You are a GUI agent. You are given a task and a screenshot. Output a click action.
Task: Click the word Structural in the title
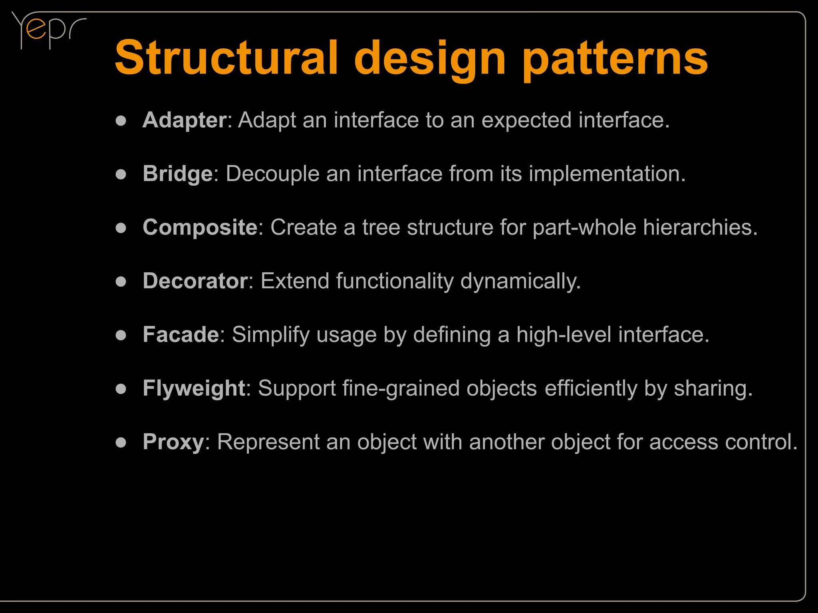(226, 58)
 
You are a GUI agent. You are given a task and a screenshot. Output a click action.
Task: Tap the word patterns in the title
(615, 60)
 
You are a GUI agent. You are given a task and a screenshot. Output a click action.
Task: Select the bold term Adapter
(185, 120)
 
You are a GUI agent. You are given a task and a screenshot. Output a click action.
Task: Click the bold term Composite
(200, 228)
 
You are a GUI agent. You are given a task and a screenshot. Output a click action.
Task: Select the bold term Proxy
(174, 442)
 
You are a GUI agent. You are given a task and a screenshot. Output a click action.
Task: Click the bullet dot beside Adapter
(121, 121)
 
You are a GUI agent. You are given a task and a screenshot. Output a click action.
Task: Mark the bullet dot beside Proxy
(121, 443)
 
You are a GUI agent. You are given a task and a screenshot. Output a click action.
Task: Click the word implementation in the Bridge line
(607, 174)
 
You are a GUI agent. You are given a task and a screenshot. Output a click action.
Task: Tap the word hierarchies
(700, 228)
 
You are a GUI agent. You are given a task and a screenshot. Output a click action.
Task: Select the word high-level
(564, 335)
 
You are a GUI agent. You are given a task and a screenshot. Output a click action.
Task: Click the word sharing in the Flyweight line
(713, 389)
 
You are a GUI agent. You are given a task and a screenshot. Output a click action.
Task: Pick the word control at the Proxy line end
(761, 442)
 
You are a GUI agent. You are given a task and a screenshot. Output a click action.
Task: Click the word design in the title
(430, 60)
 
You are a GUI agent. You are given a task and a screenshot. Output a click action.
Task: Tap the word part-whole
(584, 228)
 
